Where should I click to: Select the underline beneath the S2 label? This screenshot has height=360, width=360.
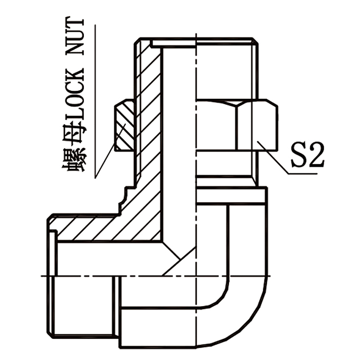[x=304, y=173]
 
